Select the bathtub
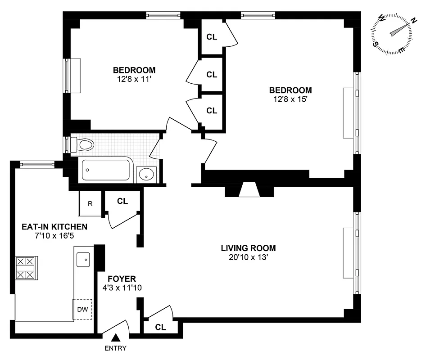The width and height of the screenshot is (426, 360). click(106, 170)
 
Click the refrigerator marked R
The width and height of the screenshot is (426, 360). click(90, 203)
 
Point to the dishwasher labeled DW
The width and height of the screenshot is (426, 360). click(83, 309)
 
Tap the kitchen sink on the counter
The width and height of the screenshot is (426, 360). click(83, 259)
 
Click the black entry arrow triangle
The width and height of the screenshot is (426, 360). click(116, 337)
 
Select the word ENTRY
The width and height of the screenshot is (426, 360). click(116, 348)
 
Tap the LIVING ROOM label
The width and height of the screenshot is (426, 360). click(248, 248)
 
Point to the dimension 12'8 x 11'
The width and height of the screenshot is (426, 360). click(134, 79)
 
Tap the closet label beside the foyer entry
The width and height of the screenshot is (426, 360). click(160, 327)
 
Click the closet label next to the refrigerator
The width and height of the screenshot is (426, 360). click(122, 201)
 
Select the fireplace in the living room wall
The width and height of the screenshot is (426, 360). click(249, 190)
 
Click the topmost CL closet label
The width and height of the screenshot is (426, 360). click(212, 37)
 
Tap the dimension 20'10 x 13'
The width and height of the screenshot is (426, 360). click(248, 257)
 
